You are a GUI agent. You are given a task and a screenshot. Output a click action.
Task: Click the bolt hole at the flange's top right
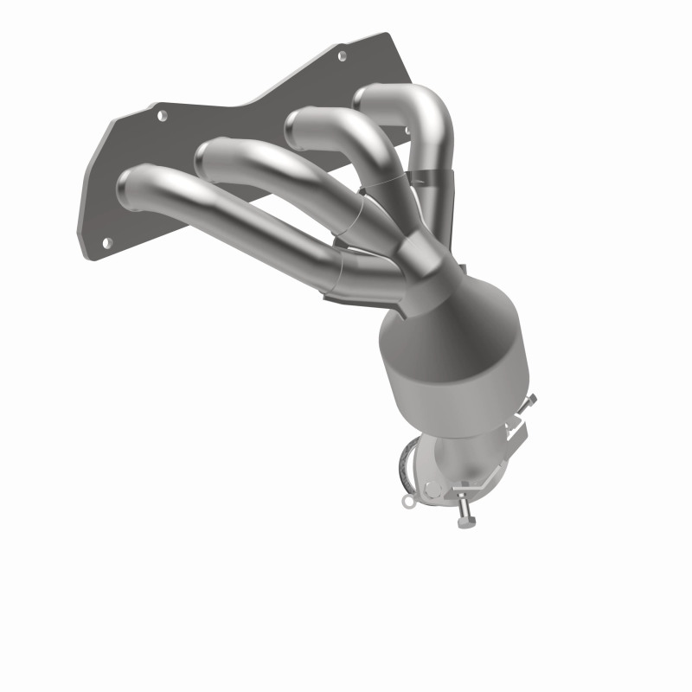coord(342,55)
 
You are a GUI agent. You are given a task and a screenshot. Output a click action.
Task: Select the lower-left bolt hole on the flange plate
coord(106,243)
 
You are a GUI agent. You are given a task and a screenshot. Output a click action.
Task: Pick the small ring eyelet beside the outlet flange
coord(407,499)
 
